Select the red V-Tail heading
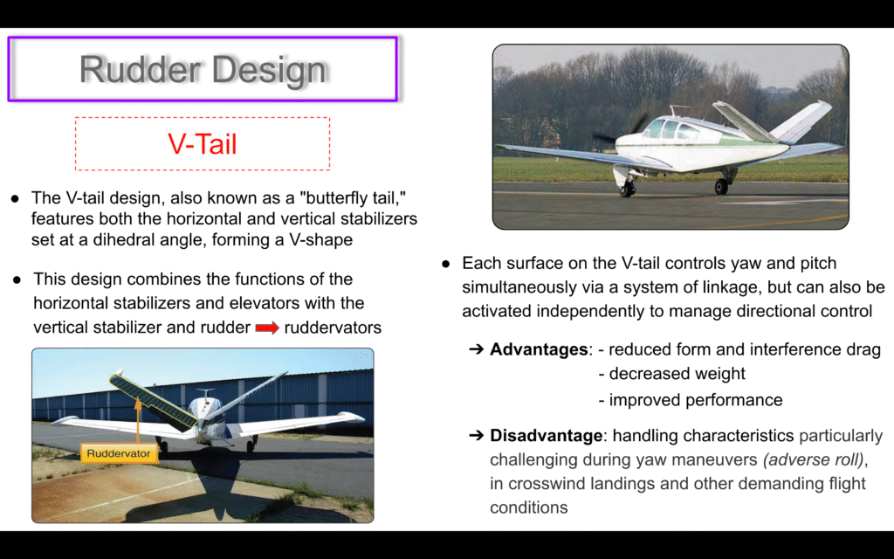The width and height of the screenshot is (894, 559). click(x=203, y=144)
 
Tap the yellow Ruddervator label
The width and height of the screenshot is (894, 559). click(x=119, y=453)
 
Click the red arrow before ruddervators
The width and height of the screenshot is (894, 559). click(x=267, y=328)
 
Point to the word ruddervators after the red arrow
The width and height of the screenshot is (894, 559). click(x=333, y=328)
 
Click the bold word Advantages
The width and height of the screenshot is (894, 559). click(x=539, y=349)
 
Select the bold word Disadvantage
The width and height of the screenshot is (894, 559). click(x=547, y=436)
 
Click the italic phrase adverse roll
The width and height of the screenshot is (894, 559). click(x=814, y=459)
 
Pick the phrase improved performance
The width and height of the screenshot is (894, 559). click(x=696, y=400)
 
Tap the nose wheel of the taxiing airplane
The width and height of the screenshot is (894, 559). click(x=627, y=189)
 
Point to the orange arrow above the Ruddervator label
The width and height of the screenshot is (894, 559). click(x=137, y=420)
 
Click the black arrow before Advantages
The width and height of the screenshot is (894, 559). click(x=476, y=349)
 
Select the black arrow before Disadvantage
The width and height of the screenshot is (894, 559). click(x=476, y=436)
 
